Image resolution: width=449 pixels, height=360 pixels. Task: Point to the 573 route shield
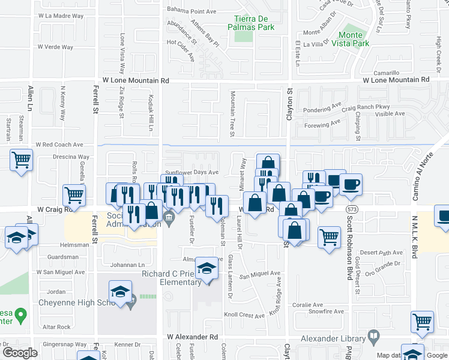[351, 208]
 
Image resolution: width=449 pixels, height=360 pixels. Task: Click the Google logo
[20, 353]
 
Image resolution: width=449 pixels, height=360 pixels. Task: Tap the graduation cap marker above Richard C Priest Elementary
[207, 268]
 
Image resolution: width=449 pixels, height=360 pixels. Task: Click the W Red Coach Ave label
[59, 145]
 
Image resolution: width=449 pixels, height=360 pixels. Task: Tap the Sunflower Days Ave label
[192, 172]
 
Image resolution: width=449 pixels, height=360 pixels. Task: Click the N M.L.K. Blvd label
[414, 238]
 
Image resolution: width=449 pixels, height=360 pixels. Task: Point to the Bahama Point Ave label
[191, 11]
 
